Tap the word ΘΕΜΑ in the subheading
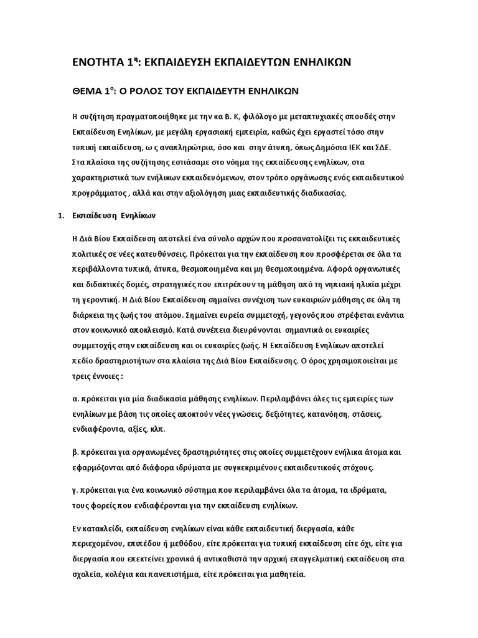[91, 91]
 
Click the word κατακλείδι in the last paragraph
[106, 528]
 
